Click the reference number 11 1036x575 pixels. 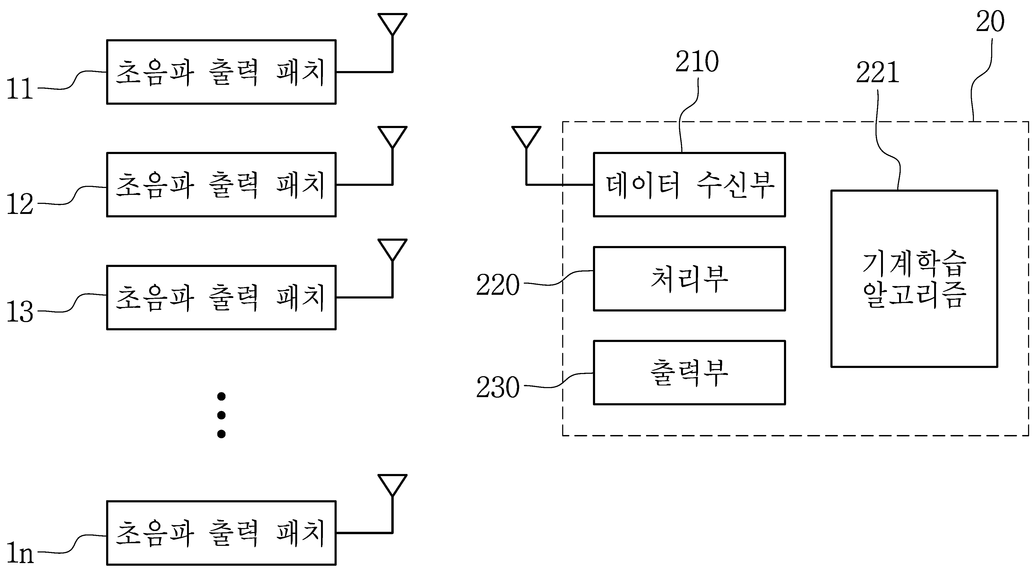[x=20, y=89]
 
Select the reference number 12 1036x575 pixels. [x=20, y=204]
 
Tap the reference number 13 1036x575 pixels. [x=20, y=312]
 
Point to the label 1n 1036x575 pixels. [x=20, y=553]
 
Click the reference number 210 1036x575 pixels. [x=697, y=62]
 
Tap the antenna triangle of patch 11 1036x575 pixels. [x=393, y=24]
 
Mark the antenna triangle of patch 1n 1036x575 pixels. [x=393, y=485]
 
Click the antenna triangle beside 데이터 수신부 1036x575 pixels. [x=526, y=137]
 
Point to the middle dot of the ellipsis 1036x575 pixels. [x=221, y=415]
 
